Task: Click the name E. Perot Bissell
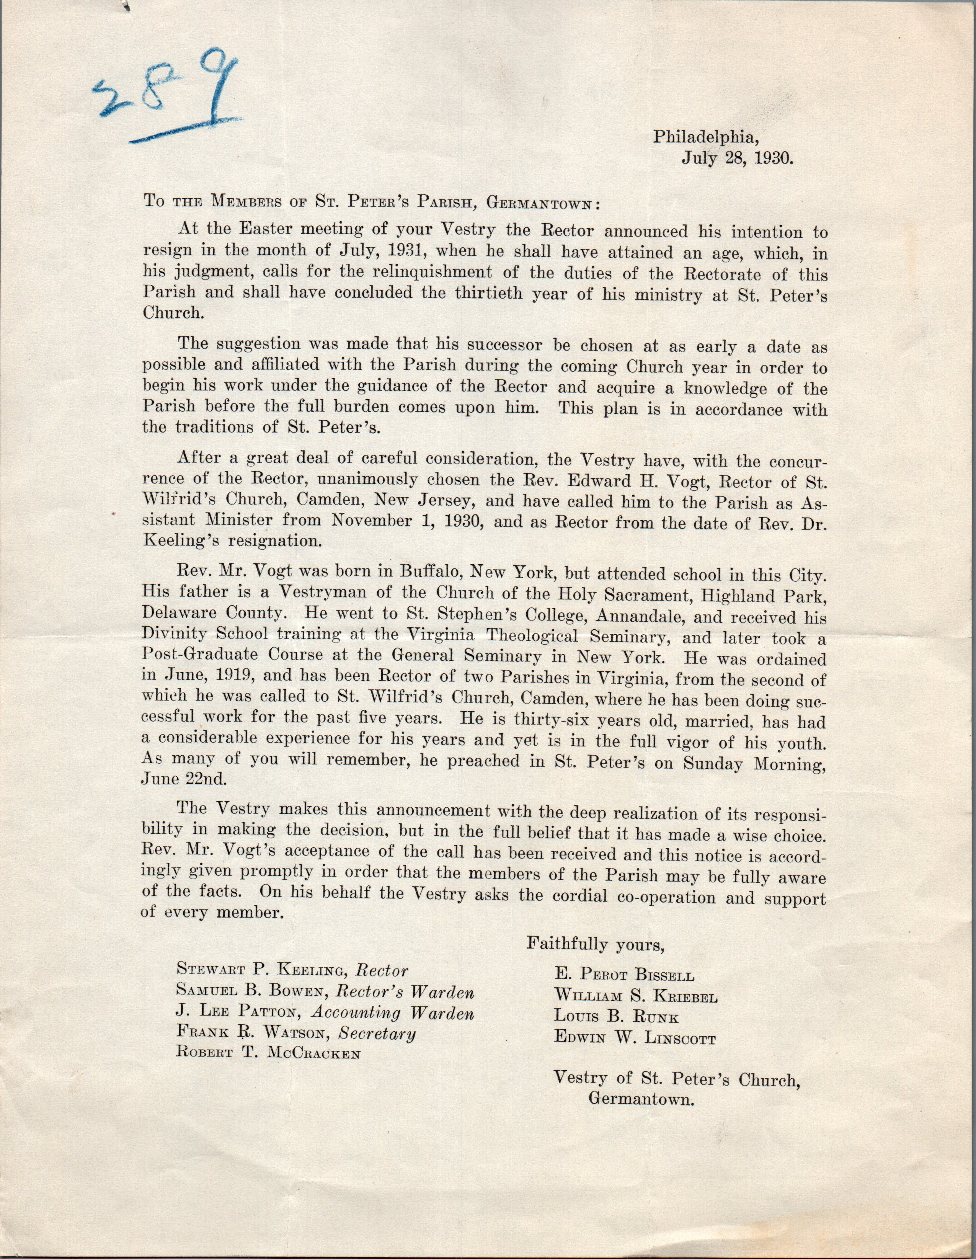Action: point(624,975)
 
